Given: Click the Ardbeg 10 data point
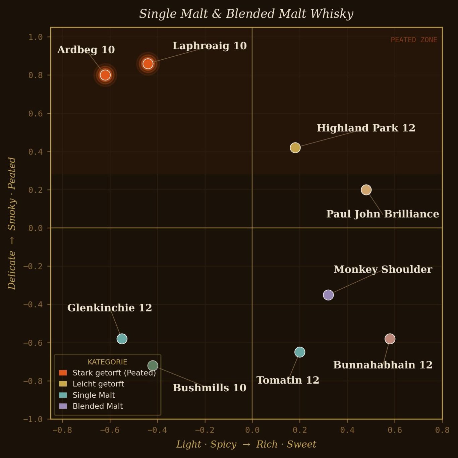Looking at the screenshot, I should [x=105, y=75].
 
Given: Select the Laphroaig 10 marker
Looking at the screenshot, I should [x=148, y=64].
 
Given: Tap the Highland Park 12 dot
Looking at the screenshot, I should [x=295, y=148].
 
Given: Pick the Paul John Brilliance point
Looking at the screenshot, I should [x=366, y=190].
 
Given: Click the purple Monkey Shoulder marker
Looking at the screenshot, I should [x=328, y=295].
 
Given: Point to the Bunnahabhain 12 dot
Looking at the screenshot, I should [x=390, y=339].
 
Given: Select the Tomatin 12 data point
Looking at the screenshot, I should [x=300, y=352].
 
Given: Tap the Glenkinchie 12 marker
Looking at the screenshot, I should [x=122, y=339].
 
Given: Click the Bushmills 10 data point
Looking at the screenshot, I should [x=153, y=365].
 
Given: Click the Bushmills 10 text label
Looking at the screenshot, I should [x=210, y=388].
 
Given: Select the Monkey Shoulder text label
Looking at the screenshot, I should [x=383, y=269].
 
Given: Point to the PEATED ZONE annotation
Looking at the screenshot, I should [x=414, y=40].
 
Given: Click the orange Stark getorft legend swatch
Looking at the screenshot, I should [x=63, y=373].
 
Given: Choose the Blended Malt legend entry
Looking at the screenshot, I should [x=98, y=406].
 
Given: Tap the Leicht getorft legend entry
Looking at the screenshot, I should [x=98, y=384].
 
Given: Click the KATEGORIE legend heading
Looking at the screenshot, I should [x=107, y=362].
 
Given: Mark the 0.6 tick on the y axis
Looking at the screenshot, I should [x=35, y=114].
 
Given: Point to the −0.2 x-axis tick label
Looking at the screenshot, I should [x=205, y=430].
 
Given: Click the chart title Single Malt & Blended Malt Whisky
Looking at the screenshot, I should [x=246, y=14].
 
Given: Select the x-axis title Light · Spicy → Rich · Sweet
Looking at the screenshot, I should [x=246, y=444].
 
